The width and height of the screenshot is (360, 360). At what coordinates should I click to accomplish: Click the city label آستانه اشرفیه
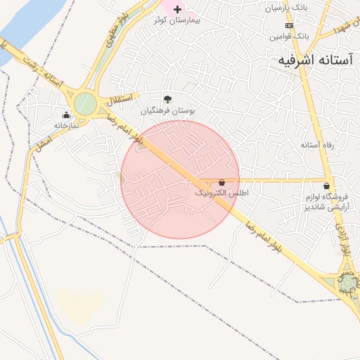[310, 60]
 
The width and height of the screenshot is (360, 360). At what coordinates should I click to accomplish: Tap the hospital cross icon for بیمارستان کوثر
[177, 9]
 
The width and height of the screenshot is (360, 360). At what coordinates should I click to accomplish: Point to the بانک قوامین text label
[292, 34]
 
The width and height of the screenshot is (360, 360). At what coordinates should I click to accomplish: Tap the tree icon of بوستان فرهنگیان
[167, 99]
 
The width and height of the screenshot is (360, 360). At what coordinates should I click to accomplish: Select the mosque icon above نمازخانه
[67, 115]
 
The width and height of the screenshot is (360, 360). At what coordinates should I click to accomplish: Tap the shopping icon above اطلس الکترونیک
[222, 181]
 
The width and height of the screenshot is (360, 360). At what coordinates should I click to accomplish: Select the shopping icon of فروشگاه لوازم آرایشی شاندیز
[326, 186]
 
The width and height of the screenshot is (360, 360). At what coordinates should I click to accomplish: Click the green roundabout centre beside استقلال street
[85, 103]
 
